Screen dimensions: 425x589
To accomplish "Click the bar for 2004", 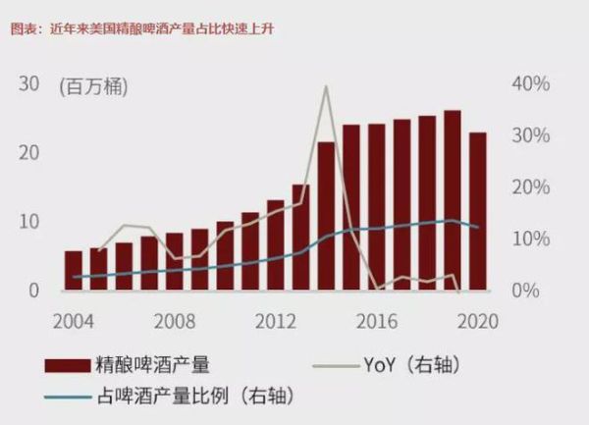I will pos(74,271).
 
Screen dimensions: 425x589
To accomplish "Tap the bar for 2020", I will pos(478,211).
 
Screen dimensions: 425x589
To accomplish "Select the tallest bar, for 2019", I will pos(453,200).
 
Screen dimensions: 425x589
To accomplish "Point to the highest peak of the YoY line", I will pos(326,87).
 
